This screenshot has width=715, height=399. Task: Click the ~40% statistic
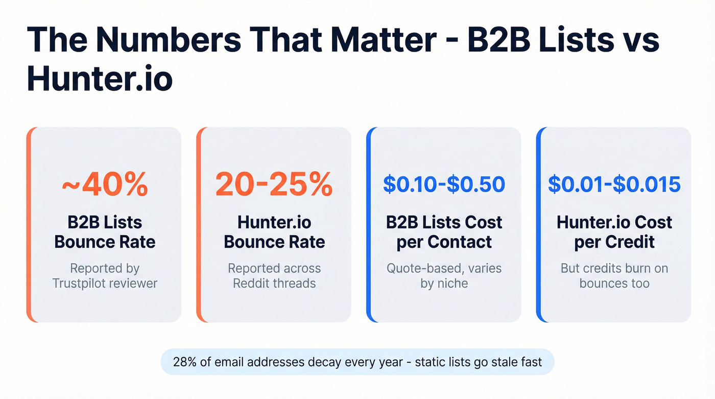[105, 184]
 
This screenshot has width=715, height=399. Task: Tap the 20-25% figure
[274, 184]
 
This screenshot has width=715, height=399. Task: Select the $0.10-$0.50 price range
[444, 184]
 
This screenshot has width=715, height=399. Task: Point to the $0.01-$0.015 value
[614, 184]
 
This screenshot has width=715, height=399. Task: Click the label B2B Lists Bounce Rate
[105, 232]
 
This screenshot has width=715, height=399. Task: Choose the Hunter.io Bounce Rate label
[274, 232]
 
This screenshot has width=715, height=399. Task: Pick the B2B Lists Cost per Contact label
[444, 232]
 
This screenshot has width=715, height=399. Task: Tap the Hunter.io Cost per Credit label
[614, 232]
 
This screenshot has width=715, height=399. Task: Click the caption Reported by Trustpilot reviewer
[105, 275]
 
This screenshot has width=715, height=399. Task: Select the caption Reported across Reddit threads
[274, 275]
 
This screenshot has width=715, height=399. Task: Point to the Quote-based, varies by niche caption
[444, 275]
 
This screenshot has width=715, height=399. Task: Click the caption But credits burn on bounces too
[614, 275]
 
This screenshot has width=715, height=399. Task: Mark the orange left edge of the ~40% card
[29, 225]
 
